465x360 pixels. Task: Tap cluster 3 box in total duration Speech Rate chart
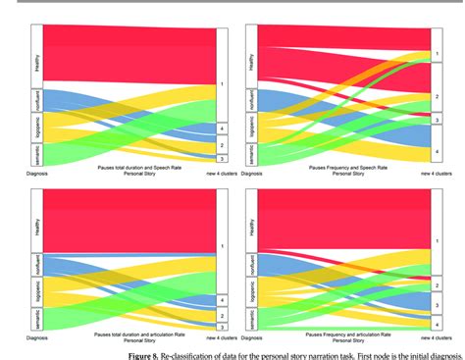(x=223, y=158)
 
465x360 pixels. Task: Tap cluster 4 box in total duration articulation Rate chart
(x=223, y=298)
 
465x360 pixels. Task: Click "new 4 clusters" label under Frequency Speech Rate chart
(x=429, y=173)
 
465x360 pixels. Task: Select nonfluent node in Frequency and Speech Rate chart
(x=251, y=102)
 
